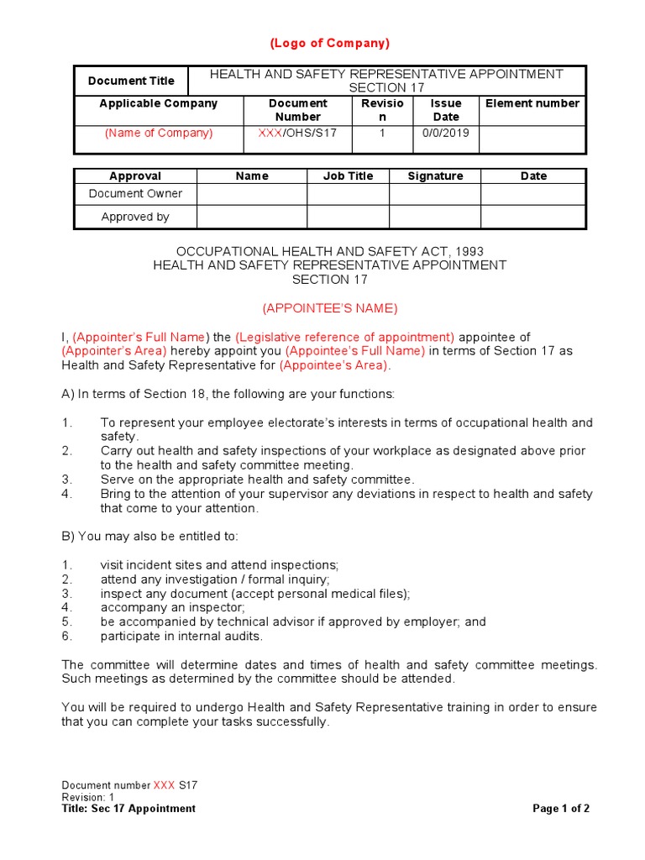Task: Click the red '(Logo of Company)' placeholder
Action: pyautogui.click(x=329, y=44)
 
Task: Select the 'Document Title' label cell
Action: pyautogui.click(x=131, y=81)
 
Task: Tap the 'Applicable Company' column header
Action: pyautogui.click(x=158, y=103)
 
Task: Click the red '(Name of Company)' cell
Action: pyautogui.click(x=158, y=133)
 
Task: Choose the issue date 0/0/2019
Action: pyautogui.click(x=445, y=133)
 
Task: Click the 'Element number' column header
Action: pyautogui.click(x=532, y=103)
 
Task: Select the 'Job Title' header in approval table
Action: pyautogui.click(x=348, y=176)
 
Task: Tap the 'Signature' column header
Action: pyautogui.click(x=434, y=176)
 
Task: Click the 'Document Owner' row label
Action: pyautogui.click(x=135, y=194)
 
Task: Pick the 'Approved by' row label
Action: pyautogui.click(x=135, y=217)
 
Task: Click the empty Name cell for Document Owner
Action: pyautogui.click(x=251, y=194)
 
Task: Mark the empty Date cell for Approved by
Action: pyautogui.click(x=532, y=217)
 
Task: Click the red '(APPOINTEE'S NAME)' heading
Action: pyautogui.click(x=329, y=308)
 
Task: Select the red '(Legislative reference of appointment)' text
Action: pyautogui.click(x=344, y=337)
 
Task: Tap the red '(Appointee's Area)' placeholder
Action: pyautogui.click(x=333, y=365)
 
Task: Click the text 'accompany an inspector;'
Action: pyautogui.click(x=173, y=607)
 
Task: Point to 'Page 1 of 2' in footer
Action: pyautogui.click(x=561, y=809)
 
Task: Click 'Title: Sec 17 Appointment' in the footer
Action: pyautogui.click(x=128, y=809)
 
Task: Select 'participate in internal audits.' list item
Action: pyautogui.click(x=181, y=636)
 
